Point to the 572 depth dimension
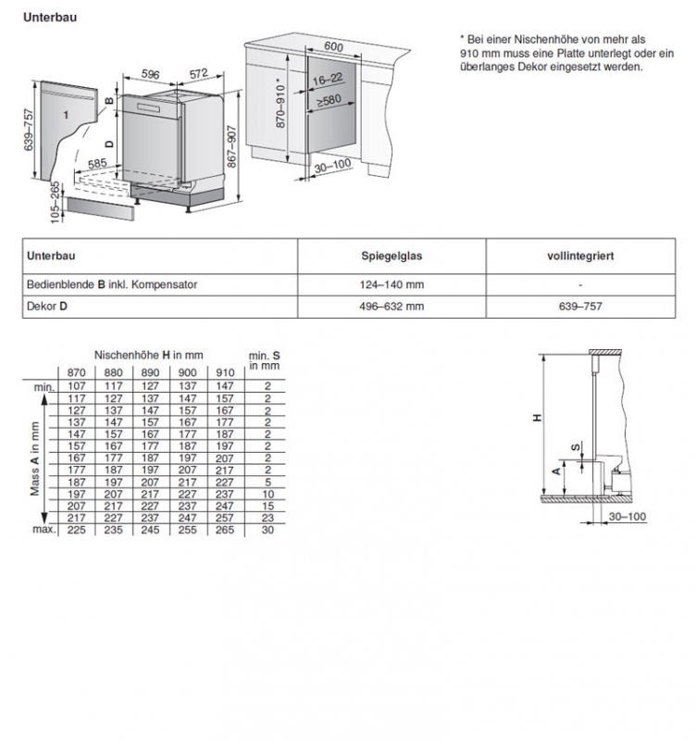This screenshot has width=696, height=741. click(198, 75)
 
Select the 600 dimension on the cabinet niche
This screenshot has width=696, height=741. click(333, 47)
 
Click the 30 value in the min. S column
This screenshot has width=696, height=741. click(267, 530)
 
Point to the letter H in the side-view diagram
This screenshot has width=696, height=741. click(537, 419)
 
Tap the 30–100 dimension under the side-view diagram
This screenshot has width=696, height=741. click(628, 516)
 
